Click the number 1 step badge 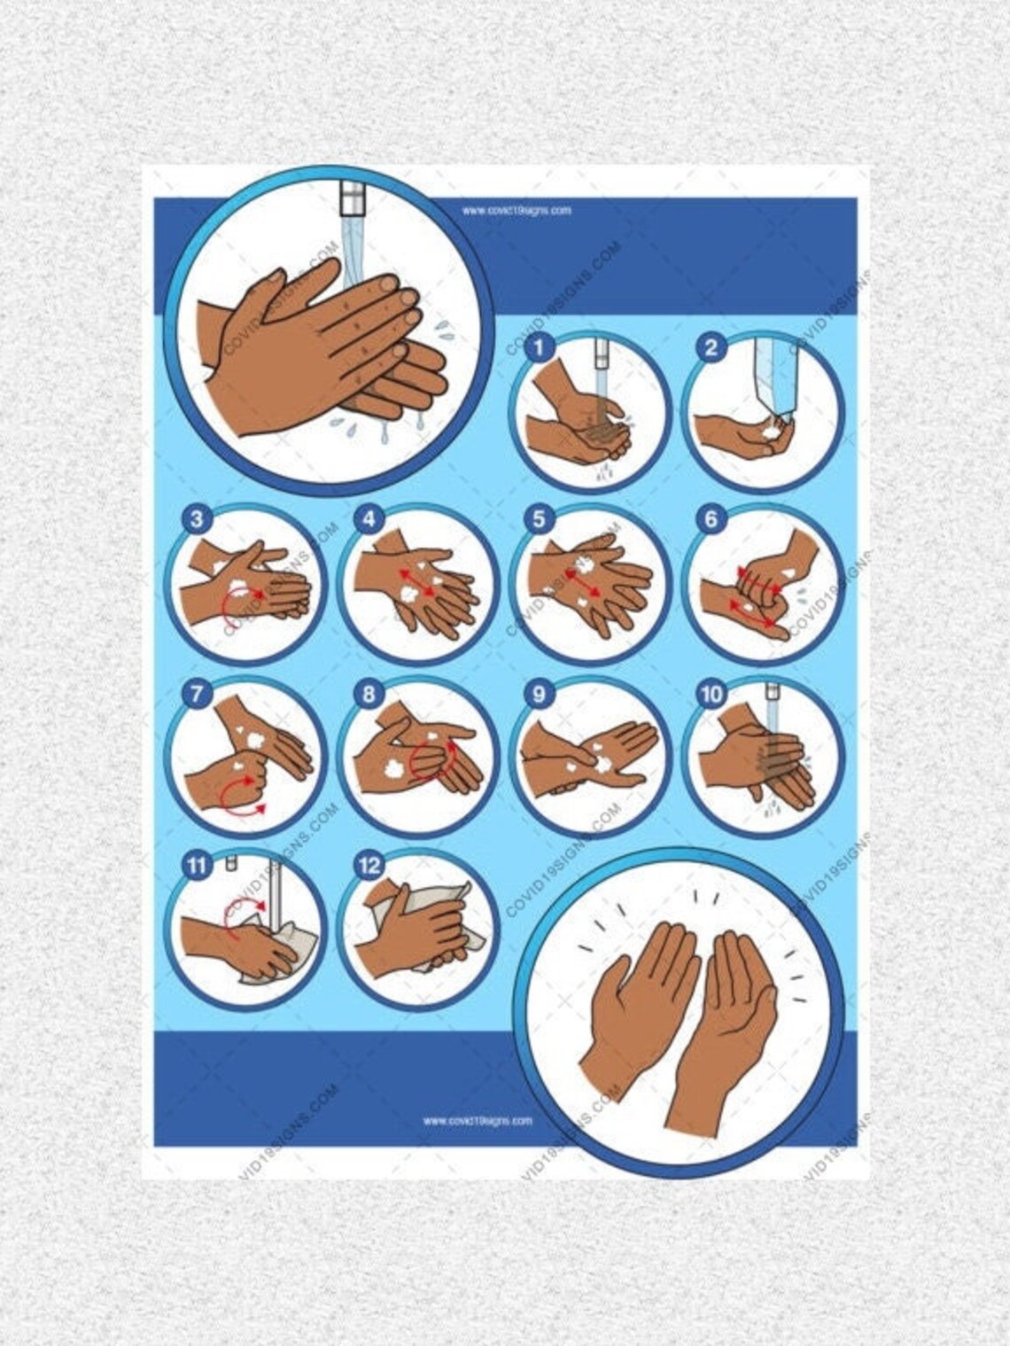point(538,347)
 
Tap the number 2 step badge point(710,347)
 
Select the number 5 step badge point(539,519)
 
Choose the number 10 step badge point(711,693)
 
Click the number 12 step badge point(368,865)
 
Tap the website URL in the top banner point(516,211)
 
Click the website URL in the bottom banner point(478,1120)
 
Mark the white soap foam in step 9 point(604,764)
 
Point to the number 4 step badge point(368,519)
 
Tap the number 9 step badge point(539,693)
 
